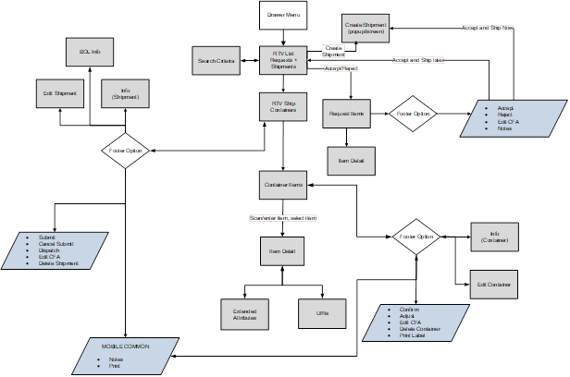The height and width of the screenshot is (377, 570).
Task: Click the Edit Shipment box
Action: pos(60,93)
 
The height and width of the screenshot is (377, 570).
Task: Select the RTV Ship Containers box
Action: pos(283,105)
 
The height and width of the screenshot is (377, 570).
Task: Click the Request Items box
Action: pos(346,115)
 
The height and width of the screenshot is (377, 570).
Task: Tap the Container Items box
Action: pos(283,186)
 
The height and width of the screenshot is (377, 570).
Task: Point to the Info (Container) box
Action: pos(495,238)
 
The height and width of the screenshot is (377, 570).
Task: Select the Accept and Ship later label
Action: pos(417,60)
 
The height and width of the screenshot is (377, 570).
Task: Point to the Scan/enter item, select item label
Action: pos(282,218)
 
